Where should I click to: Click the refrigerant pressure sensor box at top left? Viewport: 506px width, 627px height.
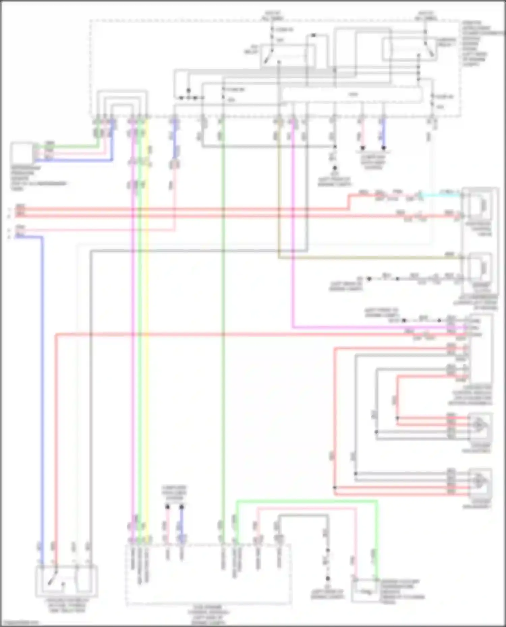(22, 153)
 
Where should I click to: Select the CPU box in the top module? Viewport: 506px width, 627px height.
(352, 95)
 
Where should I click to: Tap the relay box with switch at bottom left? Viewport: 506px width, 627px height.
(66, 581)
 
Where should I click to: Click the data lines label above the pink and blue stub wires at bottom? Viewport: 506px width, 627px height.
(174, 493)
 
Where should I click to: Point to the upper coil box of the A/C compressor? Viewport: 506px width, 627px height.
(479, 205)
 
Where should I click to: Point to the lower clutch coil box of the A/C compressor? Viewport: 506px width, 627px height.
(479, 268)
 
